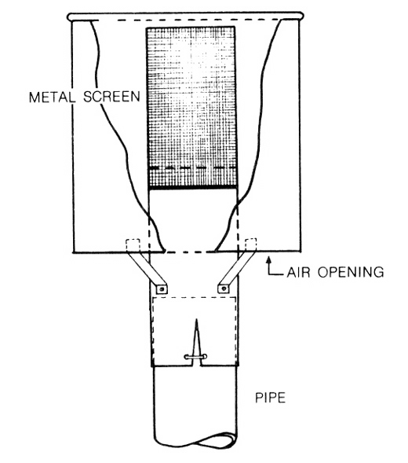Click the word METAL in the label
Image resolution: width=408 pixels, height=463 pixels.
click(x=52, y=97)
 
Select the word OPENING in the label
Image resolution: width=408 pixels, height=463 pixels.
click(x=351, y=272)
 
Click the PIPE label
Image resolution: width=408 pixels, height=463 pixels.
click(x=271, y=398)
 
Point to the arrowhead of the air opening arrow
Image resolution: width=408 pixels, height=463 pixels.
click(x=268, y=260)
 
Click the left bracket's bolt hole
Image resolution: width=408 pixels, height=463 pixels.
click(x=162, y=288)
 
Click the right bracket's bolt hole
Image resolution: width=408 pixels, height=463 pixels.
click(x=224, y=288)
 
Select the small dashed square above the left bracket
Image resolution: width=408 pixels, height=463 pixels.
click(x=133, y=244)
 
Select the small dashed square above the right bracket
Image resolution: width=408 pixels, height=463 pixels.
click(x=251, y=244)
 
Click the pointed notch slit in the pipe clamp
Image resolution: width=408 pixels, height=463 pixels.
click(x=195, y=340)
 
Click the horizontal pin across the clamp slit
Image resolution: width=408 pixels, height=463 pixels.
click(x=195, y=357)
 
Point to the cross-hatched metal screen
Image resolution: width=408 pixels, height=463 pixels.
click(x=191, y=107)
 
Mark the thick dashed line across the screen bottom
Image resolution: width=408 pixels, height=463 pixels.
click(x=192, y=168)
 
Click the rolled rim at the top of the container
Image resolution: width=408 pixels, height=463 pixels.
click(x=185, y=17)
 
